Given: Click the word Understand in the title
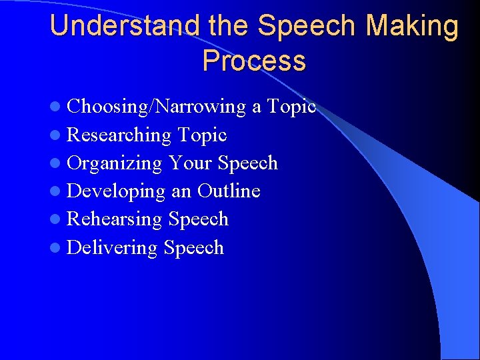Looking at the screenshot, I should [x=124, y=26].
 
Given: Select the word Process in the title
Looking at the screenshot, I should [x=254, y=61].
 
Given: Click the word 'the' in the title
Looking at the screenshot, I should [x=227, y=26].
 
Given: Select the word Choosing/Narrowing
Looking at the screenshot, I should [x=157, y=107].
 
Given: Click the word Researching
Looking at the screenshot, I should [x=119, y=135].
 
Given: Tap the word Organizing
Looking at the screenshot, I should [x=115, y=163].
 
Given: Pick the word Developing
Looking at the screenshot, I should [x=116, y=191].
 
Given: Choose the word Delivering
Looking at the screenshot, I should [x=112, y=248].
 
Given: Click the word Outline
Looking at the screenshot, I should [x=229, y=191].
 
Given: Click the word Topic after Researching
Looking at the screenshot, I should [x=202, y=135].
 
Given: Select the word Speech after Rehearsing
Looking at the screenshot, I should [x=199, y=219].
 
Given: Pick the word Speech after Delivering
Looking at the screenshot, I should [x=193, y=248].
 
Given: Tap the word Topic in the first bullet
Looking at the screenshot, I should [x=291, y=107].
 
